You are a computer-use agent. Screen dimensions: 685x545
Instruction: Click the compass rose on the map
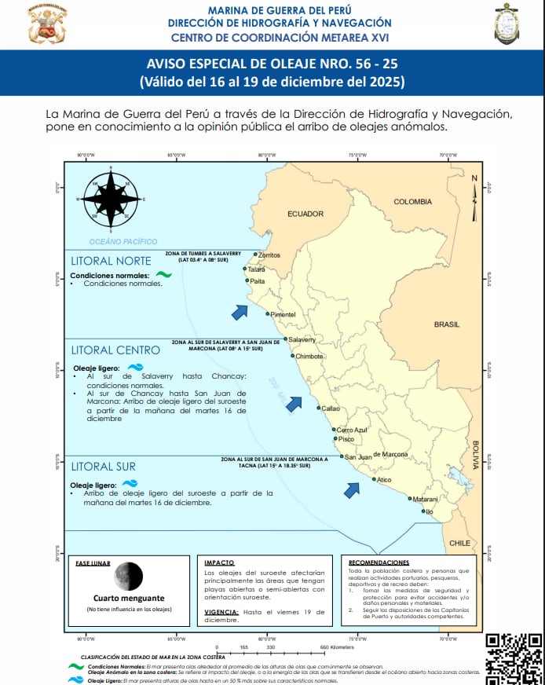tap(111, 199)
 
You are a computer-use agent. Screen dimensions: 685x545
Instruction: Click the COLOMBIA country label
tap(413, 202)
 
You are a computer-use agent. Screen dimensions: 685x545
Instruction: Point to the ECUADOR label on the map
tap(305, 214)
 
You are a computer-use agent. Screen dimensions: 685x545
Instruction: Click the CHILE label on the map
tap(459, 543)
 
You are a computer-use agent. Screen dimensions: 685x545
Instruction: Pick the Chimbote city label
tap(310, 356)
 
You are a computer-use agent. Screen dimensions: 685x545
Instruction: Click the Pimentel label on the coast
tap(283, 314)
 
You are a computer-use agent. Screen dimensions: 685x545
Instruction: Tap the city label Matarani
tap(426, 499)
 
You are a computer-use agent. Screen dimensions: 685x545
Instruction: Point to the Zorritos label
tap(269, 255)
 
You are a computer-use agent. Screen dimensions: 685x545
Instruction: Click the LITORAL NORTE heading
tap(111, 261)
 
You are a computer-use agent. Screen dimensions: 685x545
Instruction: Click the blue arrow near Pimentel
tap(240, 312)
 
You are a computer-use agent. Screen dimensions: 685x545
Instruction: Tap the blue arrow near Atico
tap(352, 489)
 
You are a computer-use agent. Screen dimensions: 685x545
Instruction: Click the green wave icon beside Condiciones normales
tap(163, 275)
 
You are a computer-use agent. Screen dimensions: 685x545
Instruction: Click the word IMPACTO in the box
tap(219, 563)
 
